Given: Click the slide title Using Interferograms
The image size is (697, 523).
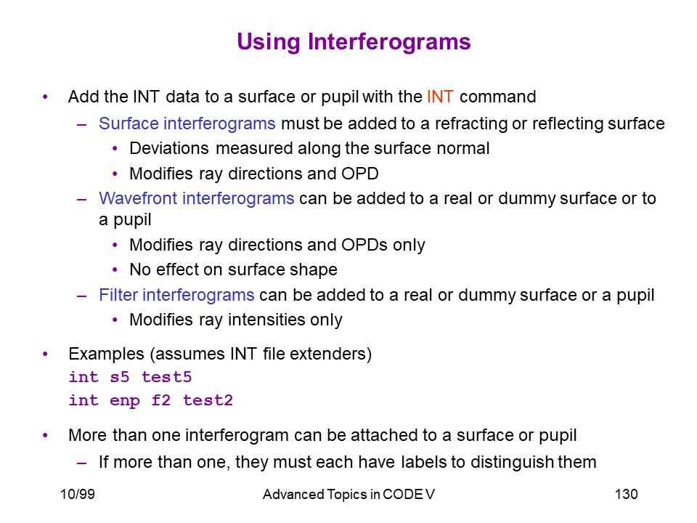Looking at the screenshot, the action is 354,42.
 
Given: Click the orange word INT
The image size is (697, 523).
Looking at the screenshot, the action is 440,97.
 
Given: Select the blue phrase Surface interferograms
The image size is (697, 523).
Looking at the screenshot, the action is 187,123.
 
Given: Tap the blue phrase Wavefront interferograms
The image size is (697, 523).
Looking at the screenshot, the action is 197,198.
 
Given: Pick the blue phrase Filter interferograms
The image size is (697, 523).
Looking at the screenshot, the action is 176,295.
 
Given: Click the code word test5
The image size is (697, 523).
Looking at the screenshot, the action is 167,377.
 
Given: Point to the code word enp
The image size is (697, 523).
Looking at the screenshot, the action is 125,401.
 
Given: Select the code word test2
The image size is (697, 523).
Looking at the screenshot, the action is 208,400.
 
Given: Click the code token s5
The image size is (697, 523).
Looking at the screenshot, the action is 120,377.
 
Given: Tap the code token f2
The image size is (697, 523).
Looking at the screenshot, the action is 161,400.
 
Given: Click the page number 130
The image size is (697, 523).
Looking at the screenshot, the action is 627,494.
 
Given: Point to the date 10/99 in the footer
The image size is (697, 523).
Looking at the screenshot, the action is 78,494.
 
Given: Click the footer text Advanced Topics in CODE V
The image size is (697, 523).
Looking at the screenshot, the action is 349,494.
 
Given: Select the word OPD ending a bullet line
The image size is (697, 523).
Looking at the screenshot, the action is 360,174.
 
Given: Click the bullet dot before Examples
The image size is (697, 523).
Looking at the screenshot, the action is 45,354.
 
